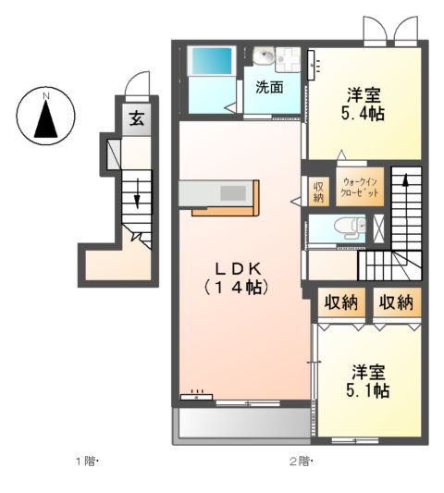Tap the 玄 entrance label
coord(136,118)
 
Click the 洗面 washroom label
coord(269,90)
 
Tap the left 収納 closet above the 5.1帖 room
coord(339,302)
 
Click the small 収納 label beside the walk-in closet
coord(318,191)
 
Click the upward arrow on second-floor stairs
coord(405,191)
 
